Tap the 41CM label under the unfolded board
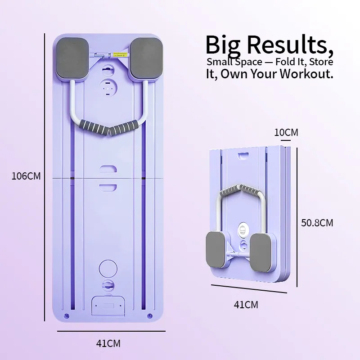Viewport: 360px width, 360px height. (x=108, y=343)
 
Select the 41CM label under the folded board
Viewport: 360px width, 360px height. (x=246, y=305)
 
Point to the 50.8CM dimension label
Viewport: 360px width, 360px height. (x=317, y=222)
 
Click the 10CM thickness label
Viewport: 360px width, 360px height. (x=286, y=133)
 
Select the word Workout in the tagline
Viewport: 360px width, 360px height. (x=306, y=74)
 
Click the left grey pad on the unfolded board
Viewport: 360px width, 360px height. (x=73, y=58)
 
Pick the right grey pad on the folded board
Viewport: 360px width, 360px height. (x=261, y=252)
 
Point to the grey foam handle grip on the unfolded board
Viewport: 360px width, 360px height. (x=108, y=129)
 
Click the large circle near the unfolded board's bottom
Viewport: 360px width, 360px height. (x=108, y=267)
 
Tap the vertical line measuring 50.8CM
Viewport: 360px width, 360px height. (x=297, y=216)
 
